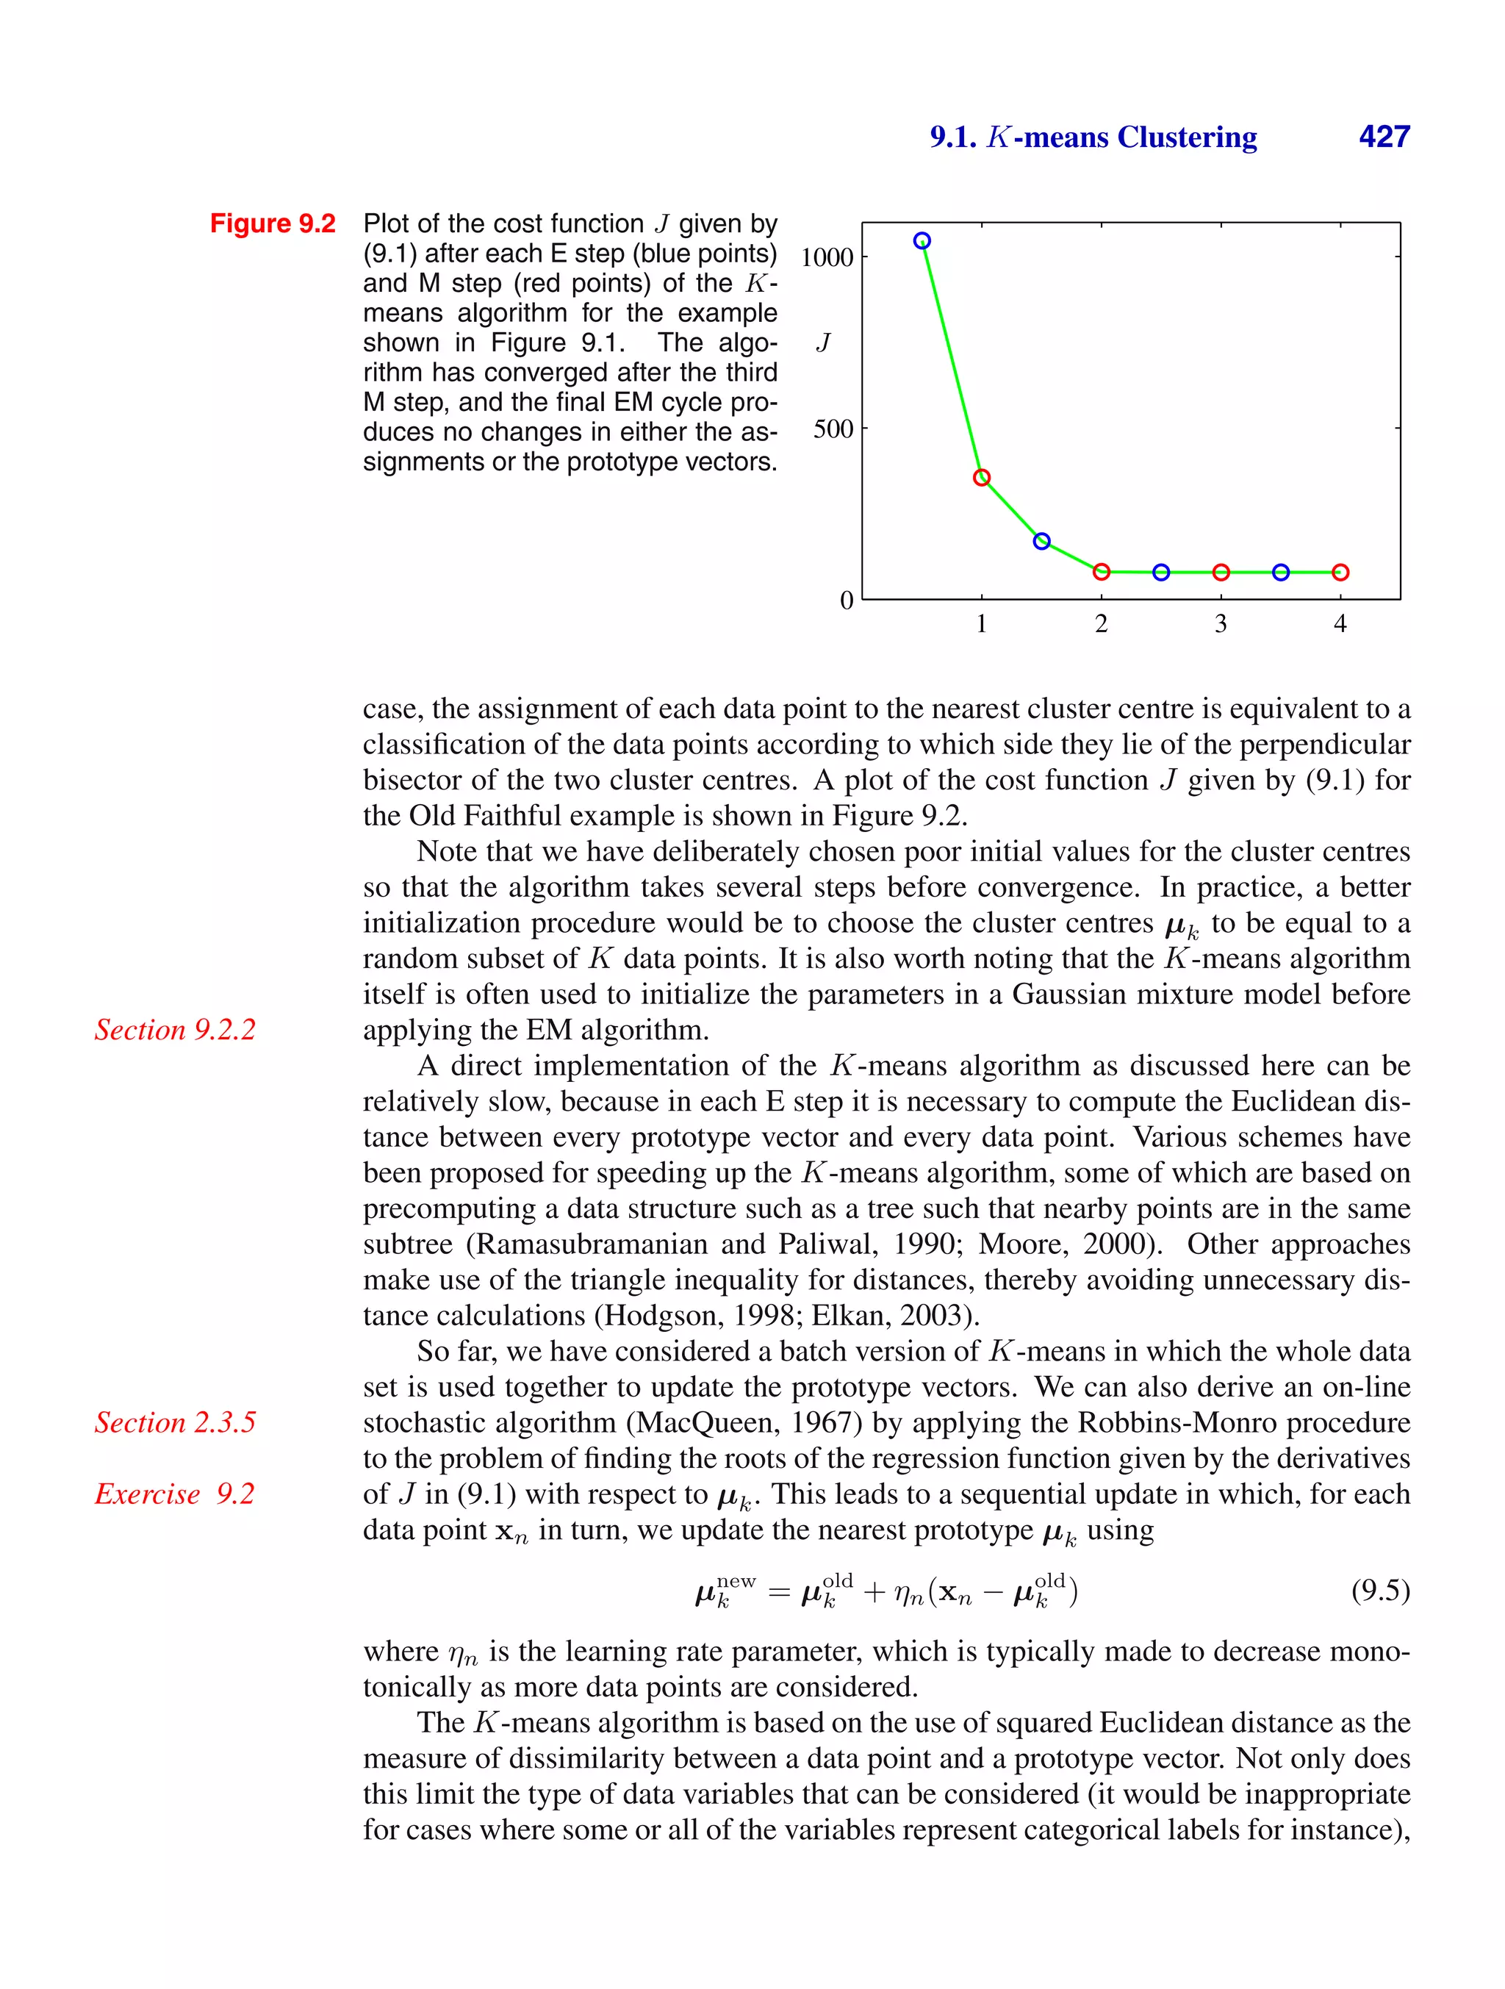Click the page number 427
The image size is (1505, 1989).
(x=1383, y=137)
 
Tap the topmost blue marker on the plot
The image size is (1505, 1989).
(x=922, y=241)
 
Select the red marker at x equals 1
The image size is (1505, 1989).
(x=982, y=478)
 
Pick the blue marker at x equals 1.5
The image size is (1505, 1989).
(x=1041, y=541)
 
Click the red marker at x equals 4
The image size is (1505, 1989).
(x=1340, y=572)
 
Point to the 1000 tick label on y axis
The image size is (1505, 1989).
(x=826, y=257)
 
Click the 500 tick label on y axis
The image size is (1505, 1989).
(x=833, y=429)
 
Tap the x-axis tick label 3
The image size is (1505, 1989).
(x=1220, y=623)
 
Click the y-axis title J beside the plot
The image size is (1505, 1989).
(x=822, y=343)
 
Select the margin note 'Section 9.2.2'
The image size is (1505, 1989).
(x=176, y=1030)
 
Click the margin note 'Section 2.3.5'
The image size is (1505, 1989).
(x=176, y=1422)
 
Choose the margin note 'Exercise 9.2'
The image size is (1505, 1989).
(x=176, y=1494)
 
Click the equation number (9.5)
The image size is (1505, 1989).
(x=1380, y=1590)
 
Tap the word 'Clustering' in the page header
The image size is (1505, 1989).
(x=1187, y=137)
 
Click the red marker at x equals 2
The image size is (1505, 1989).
(x=1102, y=572)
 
